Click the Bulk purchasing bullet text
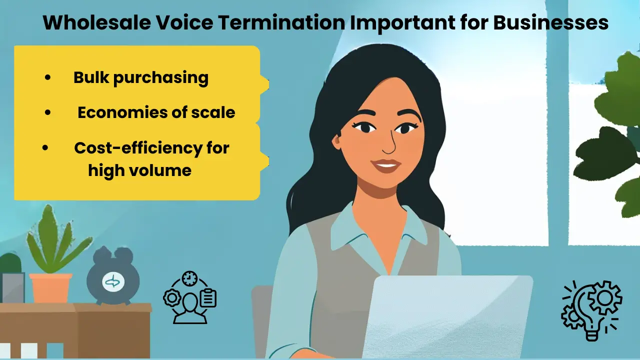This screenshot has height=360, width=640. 140,77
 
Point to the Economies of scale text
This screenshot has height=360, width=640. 156,112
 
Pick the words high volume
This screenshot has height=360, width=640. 139,170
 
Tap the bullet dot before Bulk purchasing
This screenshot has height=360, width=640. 47,78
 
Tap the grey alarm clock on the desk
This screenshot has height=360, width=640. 113,280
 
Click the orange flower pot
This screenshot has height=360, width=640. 50,287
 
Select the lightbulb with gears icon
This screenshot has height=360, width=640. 592,310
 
